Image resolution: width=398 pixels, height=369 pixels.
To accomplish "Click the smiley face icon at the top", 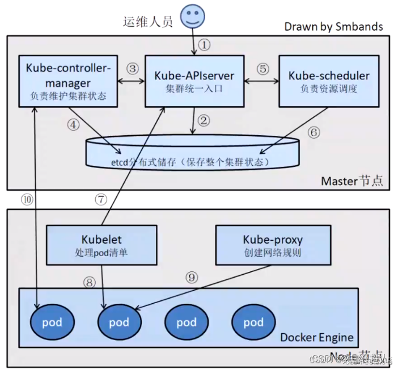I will [194, 15].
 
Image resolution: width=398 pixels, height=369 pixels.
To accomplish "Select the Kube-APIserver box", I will [194, 81].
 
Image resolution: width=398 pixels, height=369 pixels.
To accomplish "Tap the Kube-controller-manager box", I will [67, 81].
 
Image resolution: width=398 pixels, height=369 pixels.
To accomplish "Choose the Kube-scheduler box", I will [329, 81].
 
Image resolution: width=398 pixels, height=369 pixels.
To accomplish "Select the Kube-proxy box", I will [272, 245].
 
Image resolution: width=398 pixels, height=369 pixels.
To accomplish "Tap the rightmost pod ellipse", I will [253, 323].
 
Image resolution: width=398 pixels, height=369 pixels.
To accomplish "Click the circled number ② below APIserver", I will [204, 121].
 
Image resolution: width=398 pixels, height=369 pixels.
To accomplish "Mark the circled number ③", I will [133, 69].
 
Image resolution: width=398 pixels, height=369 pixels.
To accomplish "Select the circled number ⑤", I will [262, 69].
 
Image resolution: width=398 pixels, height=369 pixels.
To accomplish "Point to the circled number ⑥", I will [314, 132].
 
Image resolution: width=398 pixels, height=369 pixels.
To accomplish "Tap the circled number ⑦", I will [101, 199].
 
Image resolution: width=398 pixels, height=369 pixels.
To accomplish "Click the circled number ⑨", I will [192, 278].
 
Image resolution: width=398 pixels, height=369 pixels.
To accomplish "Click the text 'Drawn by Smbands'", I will [333, 26].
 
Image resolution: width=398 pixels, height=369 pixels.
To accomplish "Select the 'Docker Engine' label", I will [316, 338].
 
